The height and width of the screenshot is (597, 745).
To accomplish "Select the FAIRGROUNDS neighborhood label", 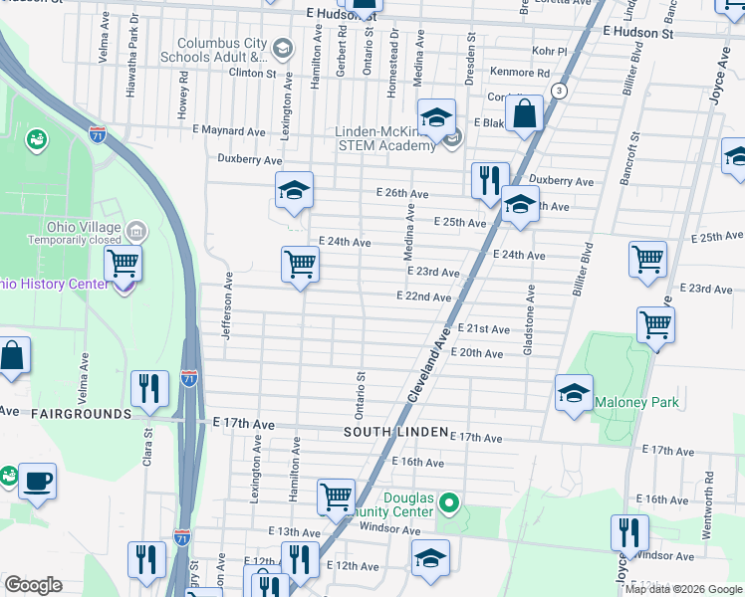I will coord(81,413).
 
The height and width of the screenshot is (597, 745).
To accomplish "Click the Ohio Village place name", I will coord(88,226).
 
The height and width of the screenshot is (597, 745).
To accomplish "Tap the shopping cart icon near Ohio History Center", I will coord(123,265).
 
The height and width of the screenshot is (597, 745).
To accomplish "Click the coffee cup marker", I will coord(37,482).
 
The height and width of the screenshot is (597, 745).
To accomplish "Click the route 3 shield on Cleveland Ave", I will coord(561,91).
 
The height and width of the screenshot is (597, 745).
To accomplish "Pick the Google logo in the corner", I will coord(33,584).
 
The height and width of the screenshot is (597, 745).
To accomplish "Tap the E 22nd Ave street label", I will coord(423,297).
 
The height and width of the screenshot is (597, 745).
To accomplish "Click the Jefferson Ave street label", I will coord(228,306).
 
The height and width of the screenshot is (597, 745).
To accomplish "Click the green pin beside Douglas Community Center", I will coord(449,503).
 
